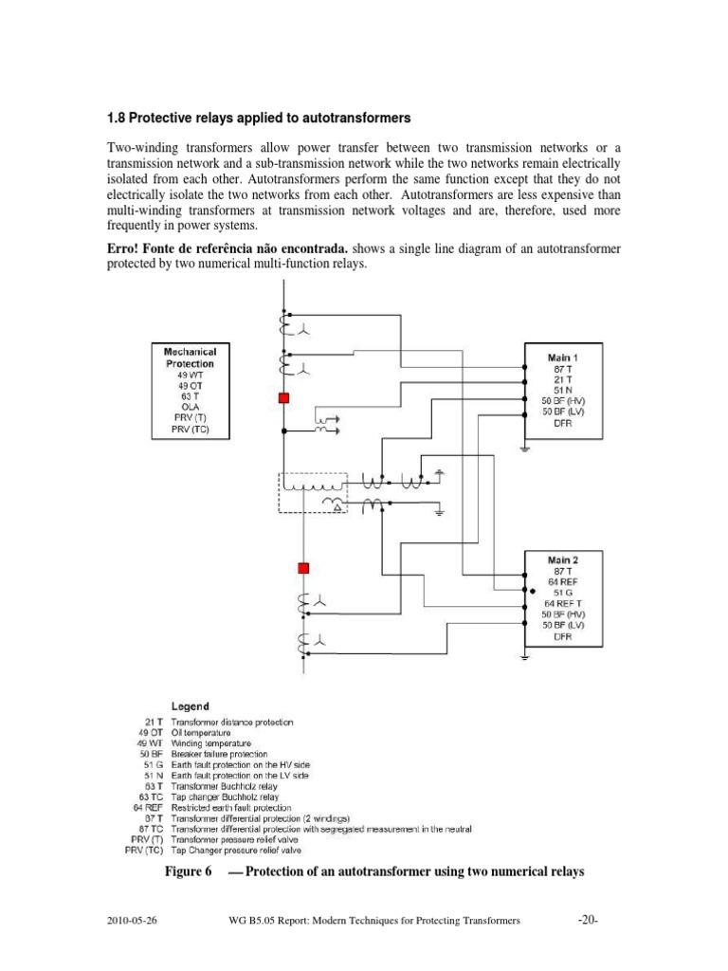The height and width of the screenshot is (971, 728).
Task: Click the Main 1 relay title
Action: pyautogui.click(x=562, y=357)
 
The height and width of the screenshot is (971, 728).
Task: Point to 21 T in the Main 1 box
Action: pyautogui.click(x=561, y=378)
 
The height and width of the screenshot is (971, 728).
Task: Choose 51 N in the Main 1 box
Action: pyautogui.click(x=561, y=390)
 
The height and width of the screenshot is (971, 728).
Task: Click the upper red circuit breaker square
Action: pyautogui.click(x=282, y=399)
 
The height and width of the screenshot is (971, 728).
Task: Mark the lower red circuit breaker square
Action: pyautogui.click(x=304, y=568)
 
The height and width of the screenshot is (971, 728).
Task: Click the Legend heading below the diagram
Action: pyautogui.click(x=190, y=706)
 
